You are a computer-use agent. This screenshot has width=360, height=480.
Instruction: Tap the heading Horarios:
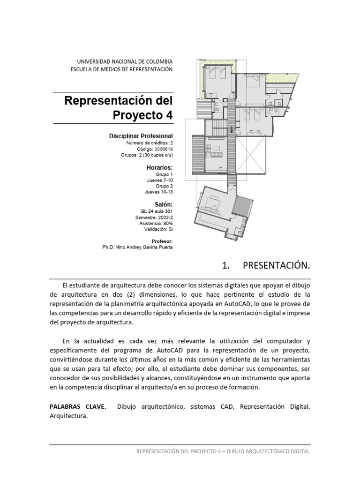pos(160,167)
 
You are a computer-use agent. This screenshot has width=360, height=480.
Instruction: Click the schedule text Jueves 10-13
pos(159,192)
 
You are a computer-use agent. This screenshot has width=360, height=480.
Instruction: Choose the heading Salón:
pos(164,204)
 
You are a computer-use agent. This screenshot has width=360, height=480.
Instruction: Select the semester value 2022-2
pos(164,217)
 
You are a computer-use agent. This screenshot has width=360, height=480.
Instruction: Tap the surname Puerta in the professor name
pos(165,247)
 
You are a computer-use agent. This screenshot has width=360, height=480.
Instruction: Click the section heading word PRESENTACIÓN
pos(277,266)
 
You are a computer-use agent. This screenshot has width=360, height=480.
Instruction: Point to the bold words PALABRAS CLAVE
pos(77,406)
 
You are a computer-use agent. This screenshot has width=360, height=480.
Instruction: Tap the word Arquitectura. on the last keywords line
pos(69,416)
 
